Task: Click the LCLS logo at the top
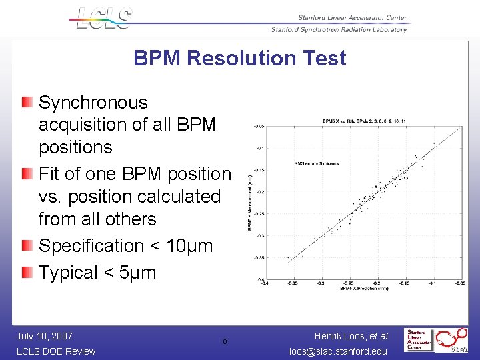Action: pos(101,18)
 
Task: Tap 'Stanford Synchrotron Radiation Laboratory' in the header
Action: pos(338,29)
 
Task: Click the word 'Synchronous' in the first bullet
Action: pos(93,103)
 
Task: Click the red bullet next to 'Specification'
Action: pos(25,245)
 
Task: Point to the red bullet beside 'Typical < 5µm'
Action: pos(25,272)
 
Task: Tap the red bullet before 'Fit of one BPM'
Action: pos(25,173)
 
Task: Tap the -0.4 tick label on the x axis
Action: pos(266,283)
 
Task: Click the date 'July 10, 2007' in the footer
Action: pos(44,336)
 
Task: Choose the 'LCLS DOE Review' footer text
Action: pos(55,351)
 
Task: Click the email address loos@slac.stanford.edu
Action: pos(338,351)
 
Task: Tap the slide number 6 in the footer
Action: pos(225,342)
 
